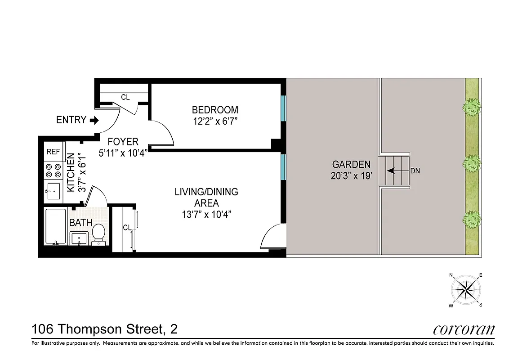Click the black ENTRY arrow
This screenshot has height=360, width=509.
click(94, 120)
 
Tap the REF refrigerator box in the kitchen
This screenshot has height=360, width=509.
click(54, 152)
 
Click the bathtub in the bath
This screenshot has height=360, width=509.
click(56, 226)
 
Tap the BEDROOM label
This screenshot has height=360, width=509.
click(215, 110)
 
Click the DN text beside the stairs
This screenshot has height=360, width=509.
click(415, 171)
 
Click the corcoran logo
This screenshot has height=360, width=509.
click(464, 330)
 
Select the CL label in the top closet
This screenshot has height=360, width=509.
click(125, 97)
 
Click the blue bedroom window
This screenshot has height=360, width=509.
click(283, 108)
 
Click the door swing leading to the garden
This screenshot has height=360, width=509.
click(272, 237)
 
